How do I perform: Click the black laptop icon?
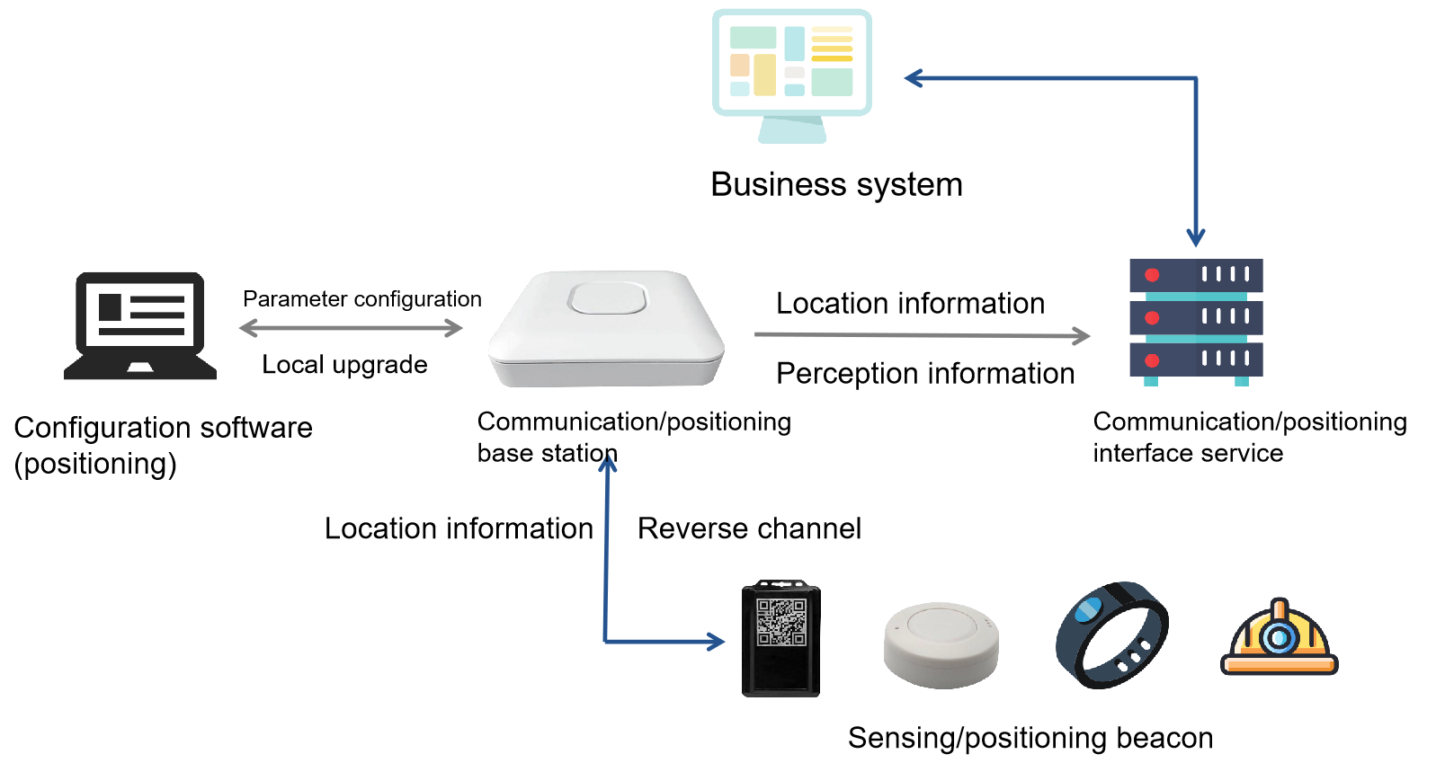click(x=140, y=325)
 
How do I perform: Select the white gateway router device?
click(x=606, y=330)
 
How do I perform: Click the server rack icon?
click(x=1196, y=322)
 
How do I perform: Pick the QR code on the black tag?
click(x=780, y=622)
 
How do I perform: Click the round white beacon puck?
click(x=941, y=644)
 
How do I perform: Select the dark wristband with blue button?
click(x=1111, y=634)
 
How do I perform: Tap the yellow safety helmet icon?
click(x=1279, y=639)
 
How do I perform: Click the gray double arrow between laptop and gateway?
click(x=351, y=328)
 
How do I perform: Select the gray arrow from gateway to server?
click(x=922, y=335)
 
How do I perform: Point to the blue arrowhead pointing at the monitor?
click(x=913, y=78)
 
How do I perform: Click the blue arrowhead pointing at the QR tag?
click(x=717, y=642)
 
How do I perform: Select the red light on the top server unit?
click(x=1152, y=275)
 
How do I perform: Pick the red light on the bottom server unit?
click(x=1152, y=360)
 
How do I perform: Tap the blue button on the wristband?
click(x=1088, y=610)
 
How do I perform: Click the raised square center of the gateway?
click(x=609, y=297)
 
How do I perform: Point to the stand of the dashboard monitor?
click(x=792, y=130)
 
